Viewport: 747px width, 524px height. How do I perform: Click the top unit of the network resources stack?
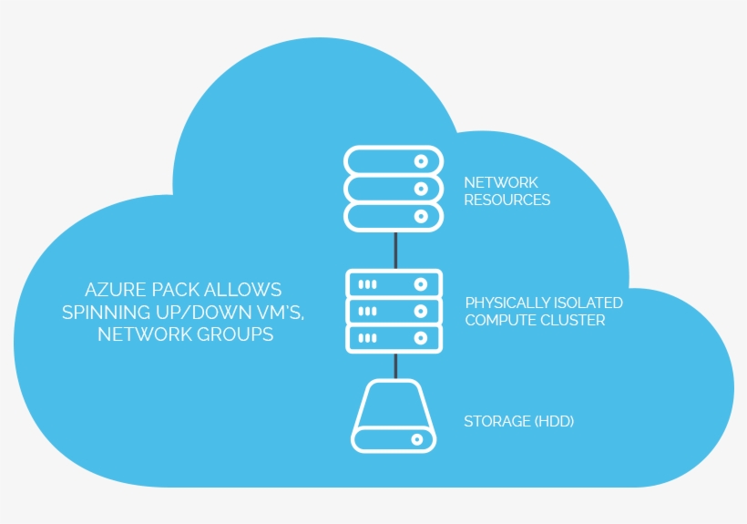(x=394, y=160)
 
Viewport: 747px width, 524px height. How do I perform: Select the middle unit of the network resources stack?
(x=394, y=189)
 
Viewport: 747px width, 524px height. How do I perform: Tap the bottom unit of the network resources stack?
(x=394, y=216)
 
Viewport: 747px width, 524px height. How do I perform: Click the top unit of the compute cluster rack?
(x=394, y=283)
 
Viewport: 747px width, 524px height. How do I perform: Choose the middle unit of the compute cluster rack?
(x=394, y=311)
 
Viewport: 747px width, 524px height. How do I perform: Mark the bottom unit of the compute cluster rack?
(x=394, y=338)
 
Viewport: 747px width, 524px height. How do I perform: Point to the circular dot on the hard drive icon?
(x=418, y=439)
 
